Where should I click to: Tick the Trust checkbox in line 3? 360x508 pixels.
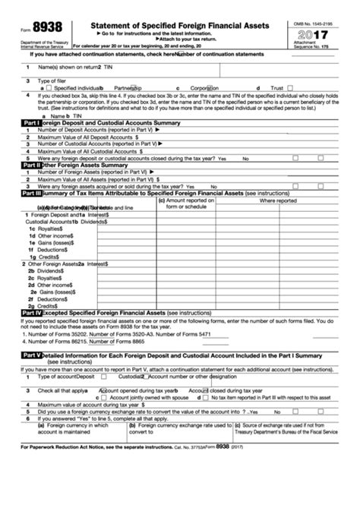pyautogui.click(x=289, y=88)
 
